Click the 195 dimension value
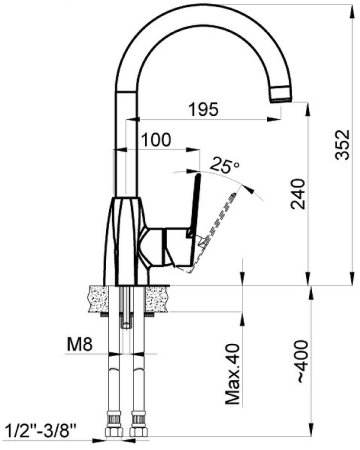[x=203, y=109]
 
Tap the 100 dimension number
[x=156, y=140]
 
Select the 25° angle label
[x=226, y=165]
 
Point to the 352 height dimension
[x=343, y=144]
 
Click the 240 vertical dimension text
[x=298, y=194]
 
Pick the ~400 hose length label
[x=302, y=361]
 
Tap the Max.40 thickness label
[x=232, y=374]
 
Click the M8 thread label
[x=80, y=344]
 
